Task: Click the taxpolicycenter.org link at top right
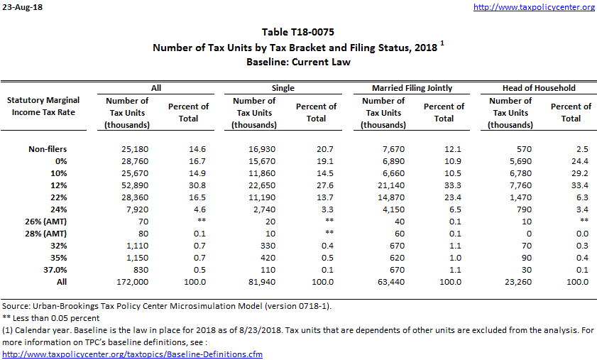533,7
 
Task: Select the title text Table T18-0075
298,32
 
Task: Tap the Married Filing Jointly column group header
412,88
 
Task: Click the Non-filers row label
62,149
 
